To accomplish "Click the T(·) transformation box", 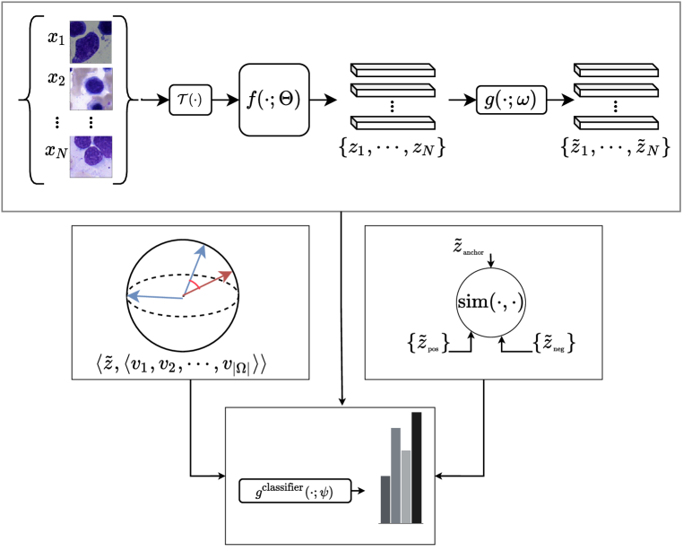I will click(x=190, y=100).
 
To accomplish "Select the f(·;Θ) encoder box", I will click(x=273, y=100).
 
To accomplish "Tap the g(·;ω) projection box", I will click(x=511, y=100).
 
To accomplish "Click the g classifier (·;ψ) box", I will click(x=295, y=491).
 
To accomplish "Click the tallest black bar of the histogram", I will click(x=417, y=467).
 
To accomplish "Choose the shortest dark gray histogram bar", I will click(x=385, y=499).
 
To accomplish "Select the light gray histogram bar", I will click(x=406, y=485).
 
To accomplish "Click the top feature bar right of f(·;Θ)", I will click(x=393, y=70).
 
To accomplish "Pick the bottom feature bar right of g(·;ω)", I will click(x=617, y=123).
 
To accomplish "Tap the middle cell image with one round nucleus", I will click(x=91, y=89).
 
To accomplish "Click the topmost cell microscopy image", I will click(x=91, y=42).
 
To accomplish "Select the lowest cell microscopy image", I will click(x=91, y=156).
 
